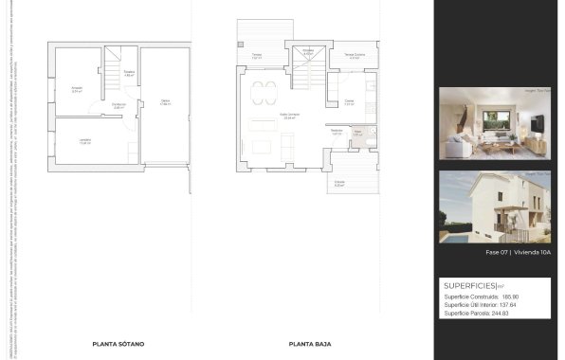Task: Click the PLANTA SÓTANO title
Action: tap(118, 345)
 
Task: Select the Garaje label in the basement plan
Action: tap(164, 102)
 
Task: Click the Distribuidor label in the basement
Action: tap(118, 105)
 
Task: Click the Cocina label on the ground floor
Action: tap(349, 102)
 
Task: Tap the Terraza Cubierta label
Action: tap(354, 56)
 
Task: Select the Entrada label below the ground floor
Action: tap(339, 183)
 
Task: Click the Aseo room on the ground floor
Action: tap(358, 134)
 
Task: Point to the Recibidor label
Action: tap(337, 132)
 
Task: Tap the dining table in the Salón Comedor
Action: tap(265, 92)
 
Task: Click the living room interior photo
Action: tap(495, 123)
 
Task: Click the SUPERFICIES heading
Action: tap(470, 285)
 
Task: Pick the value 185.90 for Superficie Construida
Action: tap(511, 297)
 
